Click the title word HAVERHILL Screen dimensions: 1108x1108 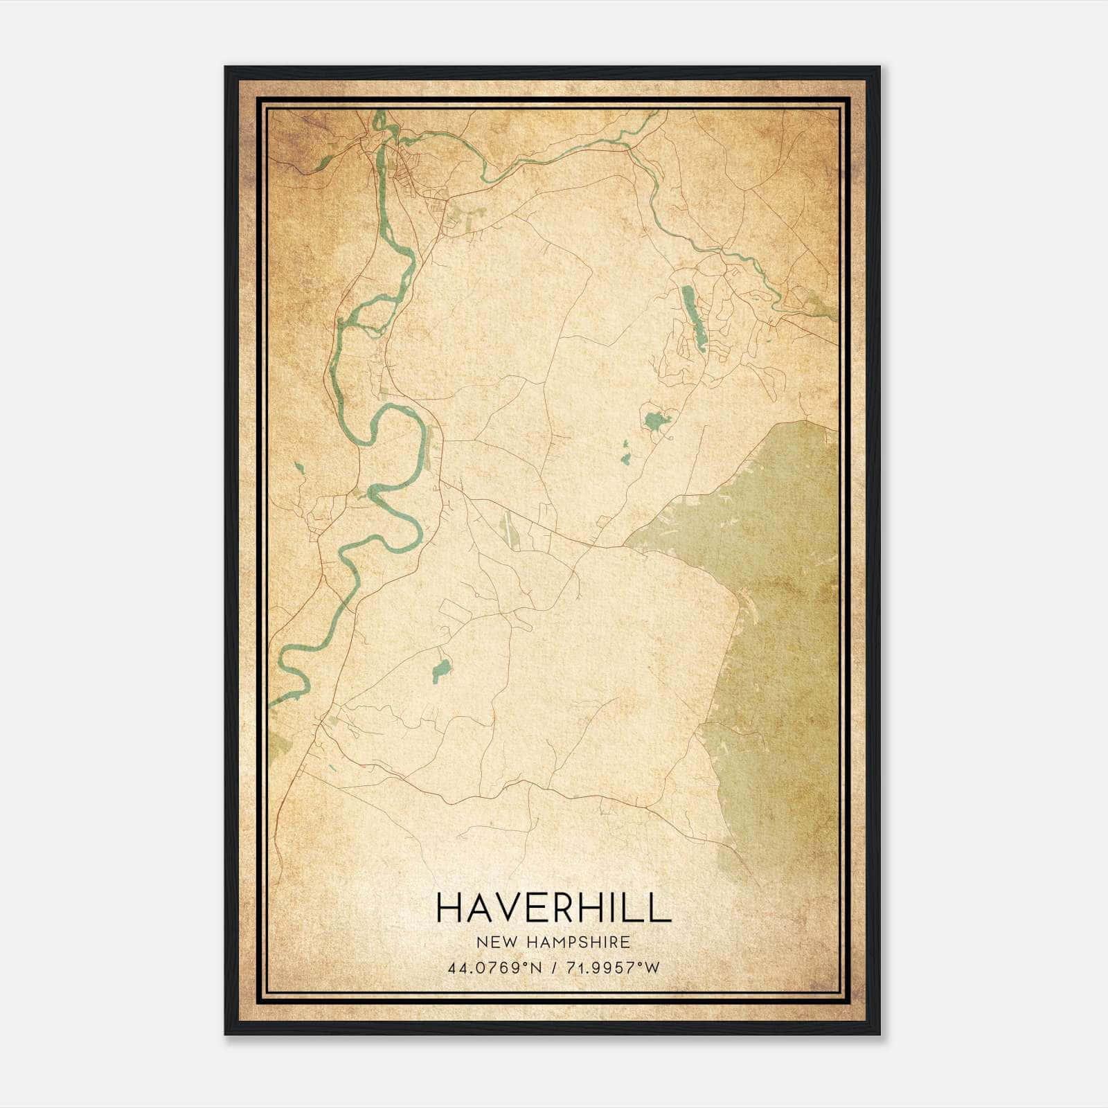click(x=553, y=907)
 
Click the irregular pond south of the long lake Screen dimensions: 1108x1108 click(x=654, y=420)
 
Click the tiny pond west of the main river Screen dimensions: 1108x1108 click(x=299, y=468)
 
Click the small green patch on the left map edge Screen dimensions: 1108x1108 click(x=280, y=745)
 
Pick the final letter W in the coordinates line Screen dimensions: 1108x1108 click(x=654, y=967)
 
